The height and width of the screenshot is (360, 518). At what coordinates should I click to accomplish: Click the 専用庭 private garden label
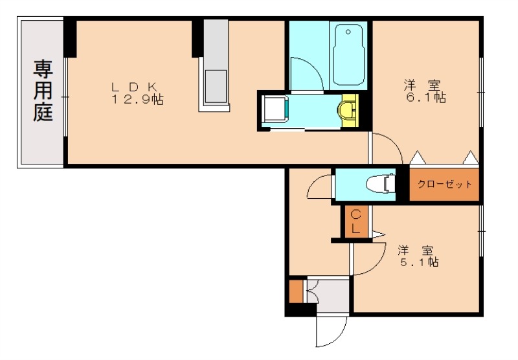pyautogui.click(x=43, y=91)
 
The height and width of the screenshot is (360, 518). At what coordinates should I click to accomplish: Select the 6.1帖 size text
pyautogui.click(x=426, y=98)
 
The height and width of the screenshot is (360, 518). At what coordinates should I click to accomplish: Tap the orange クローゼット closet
pyautogui.click(x=444, y=185)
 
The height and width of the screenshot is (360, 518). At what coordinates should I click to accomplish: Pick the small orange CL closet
pyautogui.click(x=356, y=222)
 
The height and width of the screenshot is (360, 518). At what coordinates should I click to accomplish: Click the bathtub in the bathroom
pyautogui.click(x=349, y=56)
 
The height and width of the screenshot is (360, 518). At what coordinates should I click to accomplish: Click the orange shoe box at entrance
pyautogui.click(x=296, y=291)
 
